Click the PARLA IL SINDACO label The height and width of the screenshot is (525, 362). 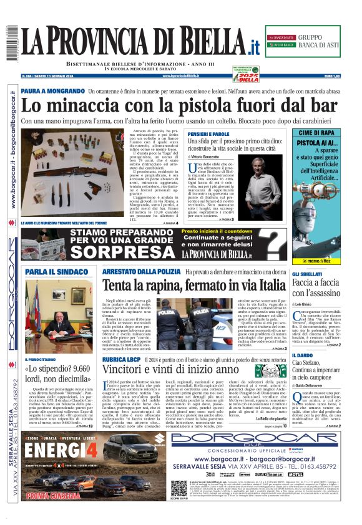(56, 272)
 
